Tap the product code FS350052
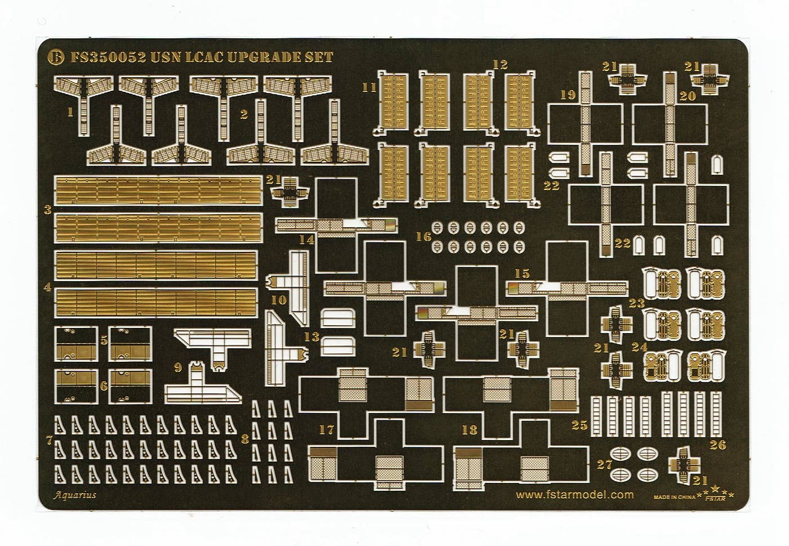click(108, 57)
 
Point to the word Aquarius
click(76, 495)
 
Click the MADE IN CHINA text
click(675, 498)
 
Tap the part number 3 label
click(48, 210)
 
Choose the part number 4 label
click(48, 287)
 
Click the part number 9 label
click(178, 368)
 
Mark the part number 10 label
click(278, 300)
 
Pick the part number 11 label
click(369, 87)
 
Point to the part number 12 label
click(500, 64)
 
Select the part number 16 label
click(423, 237)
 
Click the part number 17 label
click(326, 430)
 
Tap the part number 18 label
click(469, 430)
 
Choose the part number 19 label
click(568, 95)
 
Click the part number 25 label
click(579, 425)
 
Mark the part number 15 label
click(522, 273)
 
